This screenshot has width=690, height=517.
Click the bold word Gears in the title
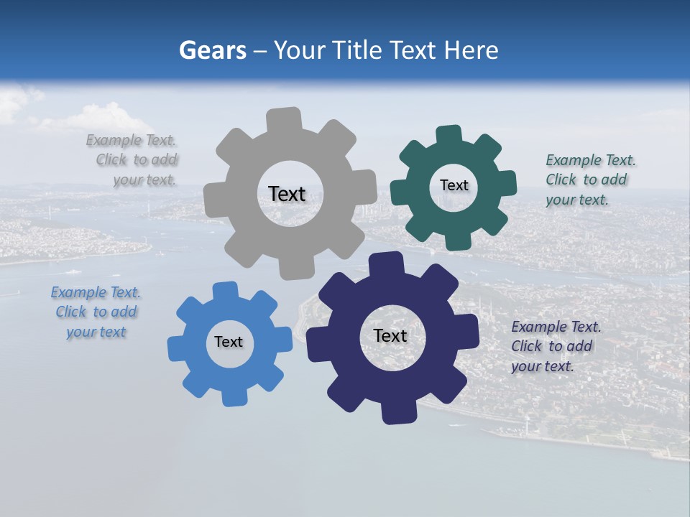[x=213, y=51]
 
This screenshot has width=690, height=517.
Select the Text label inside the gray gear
[x=287, y=194]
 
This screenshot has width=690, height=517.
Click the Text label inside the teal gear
[x=454, y=185]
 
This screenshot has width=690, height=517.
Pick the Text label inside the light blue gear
[x=229, y=342]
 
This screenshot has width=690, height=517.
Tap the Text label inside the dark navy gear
[x=390, y=335]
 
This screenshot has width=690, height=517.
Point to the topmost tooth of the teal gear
[x=449, y=135]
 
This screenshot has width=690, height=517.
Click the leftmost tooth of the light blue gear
[x=177, y=347]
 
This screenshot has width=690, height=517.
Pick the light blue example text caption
[x=96, y=312]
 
